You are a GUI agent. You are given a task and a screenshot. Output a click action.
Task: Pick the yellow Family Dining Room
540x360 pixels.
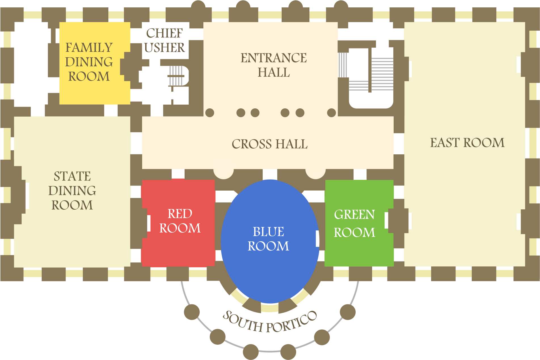pyautogui.click(x=94, y=91)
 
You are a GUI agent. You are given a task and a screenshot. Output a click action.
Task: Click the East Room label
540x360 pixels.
pyautogui.click(x=467, y=143)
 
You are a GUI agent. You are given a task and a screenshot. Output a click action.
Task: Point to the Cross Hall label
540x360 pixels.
pyautogui.click(x=269, y=144)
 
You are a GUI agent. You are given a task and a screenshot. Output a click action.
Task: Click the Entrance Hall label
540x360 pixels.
pyautogui.click(x=273, y=65)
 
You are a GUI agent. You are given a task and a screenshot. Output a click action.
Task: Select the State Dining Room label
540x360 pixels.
pyautogui.click(x=72, y=191)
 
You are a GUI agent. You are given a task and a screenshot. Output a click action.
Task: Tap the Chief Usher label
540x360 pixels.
pyautogui.click(x=164, y=41)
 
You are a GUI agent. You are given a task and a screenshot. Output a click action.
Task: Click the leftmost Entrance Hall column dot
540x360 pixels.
pyautogui.click(x=210, y=113)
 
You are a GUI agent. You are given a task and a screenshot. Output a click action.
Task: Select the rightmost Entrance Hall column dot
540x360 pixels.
pyautogui.click(x=331, y=113)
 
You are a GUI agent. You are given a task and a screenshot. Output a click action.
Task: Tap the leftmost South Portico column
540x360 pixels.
pyautogui.click(x=192, y=312)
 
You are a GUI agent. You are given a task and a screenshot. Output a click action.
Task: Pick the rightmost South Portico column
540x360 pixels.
pyautogui.click(x=347, y=312)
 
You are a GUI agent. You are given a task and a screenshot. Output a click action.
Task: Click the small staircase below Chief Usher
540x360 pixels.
pyautogui.click(x=176, y=76)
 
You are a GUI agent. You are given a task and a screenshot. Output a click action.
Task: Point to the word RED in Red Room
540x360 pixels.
pyautogui.click(x=180, y=214)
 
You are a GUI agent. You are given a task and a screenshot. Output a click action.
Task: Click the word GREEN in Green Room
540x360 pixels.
pyautogui.click(x=355, y=215)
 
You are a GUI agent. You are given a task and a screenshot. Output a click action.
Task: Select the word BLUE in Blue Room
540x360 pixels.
pyautogui.click(x=268, y=232)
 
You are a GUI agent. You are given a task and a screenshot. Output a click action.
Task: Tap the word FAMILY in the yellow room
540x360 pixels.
pyautogui.click(x=89, y=48)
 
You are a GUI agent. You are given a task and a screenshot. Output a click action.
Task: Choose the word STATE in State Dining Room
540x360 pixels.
pyautogui.click(x=72, y=176)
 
